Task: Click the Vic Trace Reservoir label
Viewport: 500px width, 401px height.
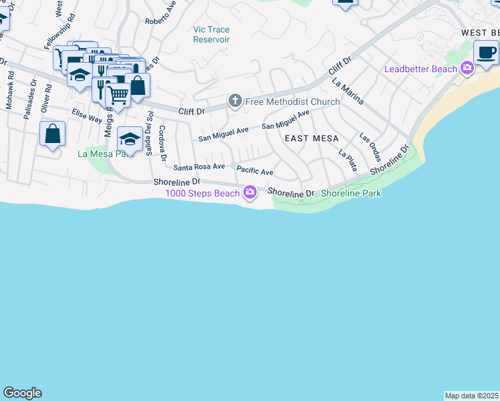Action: [211, 35]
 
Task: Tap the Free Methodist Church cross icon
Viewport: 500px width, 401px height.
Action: [235, 101]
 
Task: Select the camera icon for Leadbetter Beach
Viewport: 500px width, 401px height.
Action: [467, 68]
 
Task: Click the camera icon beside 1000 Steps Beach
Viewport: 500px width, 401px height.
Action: [249, 193]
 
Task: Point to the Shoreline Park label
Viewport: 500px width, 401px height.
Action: [350, 193]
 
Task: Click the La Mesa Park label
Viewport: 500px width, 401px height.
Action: [102, 153]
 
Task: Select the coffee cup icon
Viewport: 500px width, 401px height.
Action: [486, 52]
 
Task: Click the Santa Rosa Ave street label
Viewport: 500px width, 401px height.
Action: [199, 166]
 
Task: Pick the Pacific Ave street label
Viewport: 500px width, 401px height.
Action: [255, 172]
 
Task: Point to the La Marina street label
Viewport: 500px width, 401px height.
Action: [348, 92]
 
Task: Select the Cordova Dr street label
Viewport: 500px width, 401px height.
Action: [162, 140]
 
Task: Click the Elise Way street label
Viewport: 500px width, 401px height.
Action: [87, 116]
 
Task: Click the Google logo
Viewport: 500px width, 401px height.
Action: [22, 393]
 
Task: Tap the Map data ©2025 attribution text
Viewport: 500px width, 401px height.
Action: [472, 396]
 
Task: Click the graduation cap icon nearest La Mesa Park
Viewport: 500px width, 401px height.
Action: [129, 138]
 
